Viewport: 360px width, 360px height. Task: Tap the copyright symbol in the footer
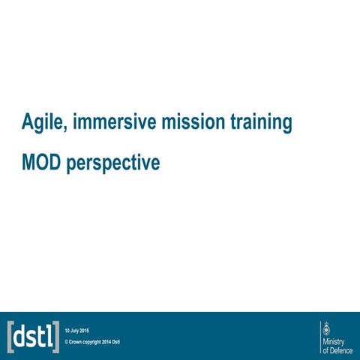click(x=67, y=343)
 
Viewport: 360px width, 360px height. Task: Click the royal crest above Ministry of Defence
click(x=325, y=328)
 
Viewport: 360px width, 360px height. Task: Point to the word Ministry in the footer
click(x=333, y=341)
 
